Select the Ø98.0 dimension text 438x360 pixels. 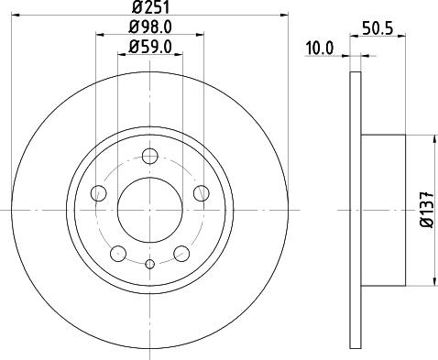(x=151, y=29)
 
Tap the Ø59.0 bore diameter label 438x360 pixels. (x=151, y=48)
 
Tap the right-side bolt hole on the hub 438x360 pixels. (x=203, y=191)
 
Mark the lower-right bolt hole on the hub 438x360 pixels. (x=182, y=253)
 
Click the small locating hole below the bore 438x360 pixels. (x=151, y=264)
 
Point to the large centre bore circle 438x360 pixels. (x=151, y=205)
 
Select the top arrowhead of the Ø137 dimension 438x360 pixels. (x=432, y=138)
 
